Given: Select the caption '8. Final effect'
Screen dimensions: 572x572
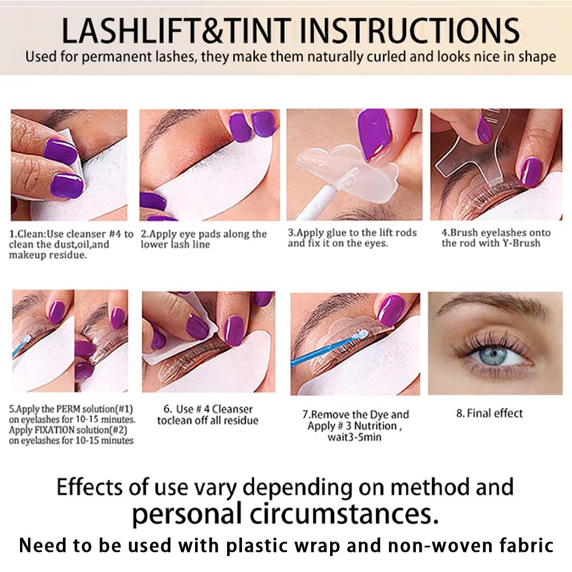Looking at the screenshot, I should click(x=489, y=413).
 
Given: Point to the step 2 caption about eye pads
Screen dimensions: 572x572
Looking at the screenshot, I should click(x=204, y=239).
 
